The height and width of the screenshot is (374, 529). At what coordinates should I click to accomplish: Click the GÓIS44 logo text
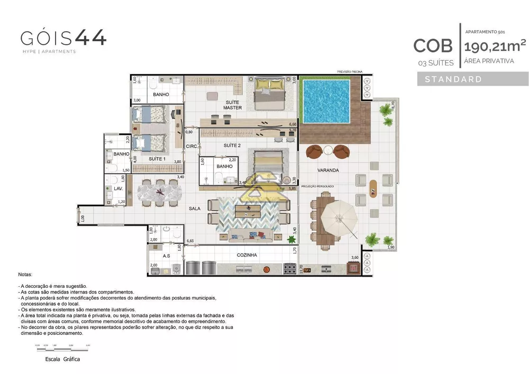click(x=63, y=38)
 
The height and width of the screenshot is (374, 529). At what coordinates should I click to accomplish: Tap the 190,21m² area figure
click(x=495, y=45)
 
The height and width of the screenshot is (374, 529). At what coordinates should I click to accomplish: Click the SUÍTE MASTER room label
click(x=232, y=105)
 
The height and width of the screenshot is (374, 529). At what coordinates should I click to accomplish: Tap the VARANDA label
click(x=328, y=170)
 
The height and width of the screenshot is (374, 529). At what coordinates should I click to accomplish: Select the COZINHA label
click(x=247, y=255)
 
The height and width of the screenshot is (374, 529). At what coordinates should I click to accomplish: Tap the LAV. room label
click(x=118, y=188)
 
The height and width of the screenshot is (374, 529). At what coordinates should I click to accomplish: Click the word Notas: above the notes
click(x=25, y=275)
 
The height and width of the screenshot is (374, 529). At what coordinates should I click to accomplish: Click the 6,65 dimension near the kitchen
click(x=190, y=241)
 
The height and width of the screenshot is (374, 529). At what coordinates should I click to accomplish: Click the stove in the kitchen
click(x=290, y=269)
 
